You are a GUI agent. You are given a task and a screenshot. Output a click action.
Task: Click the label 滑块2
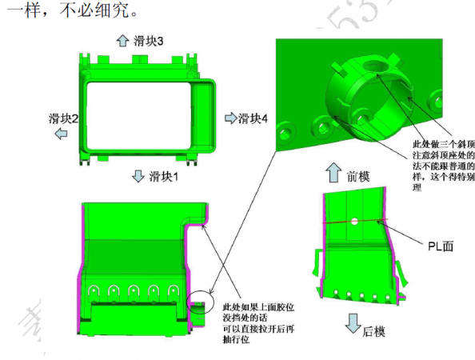coord(63,118)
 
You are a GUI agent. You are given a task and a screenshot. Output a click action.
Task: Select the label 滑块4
coord(252,118)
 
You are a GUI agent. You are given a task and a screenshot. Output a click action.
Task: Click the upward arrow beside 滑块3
coord(122,39)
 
